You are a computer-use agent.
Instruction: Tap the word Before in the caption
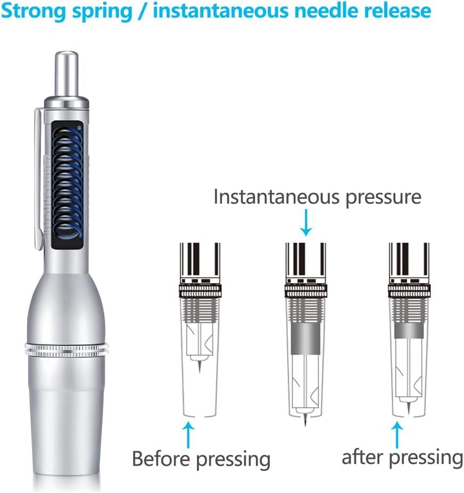point(160,458)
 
